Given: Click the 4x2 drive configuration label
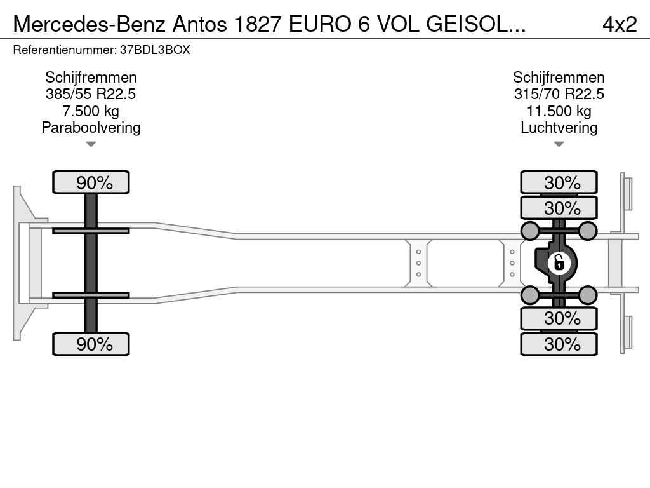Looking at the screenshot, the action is pos(620,24).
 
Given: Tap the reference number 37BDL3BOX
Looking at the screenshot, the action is pos(155,50).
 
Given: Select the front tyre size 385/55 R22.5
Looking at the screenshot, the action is pos(91,94).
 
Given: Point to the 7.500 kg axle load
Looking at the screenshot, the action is pos(91,111).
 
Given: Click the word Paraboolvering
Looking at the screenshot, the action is pos(91,128).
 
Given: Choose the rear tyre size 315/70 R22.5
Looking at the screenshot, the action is pos(559,94).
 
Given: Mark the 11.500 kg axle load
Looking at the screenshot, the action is pos(559,111).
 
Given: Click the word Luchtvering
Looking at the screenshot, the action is pos(559,128).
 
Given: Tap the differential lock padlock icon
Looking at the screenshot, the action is pos(559,263).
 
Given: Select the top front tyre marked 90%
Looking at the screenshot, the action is pos(91,182).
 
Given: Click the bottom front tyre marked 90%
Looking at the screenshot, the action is pos(91,344).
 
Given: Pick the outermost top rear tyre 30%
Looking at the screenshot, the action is pos(559,182).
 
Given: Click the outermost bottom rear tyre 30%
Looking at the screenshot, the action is pos(559,344).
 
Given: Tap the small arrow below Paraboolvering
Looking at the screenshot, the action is pos(91,144).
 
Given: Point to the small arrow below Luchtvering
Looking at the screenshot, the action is pos(559,144).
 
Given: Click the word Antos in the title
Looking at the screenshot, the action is pos(200,24).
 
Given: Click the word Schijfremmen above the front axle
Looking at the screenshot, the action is pos(91,78).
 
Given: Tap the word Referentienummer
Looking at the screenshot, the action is pos(65,50).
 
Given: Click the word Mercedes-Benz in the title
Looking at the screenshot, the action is pos(90,24).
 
